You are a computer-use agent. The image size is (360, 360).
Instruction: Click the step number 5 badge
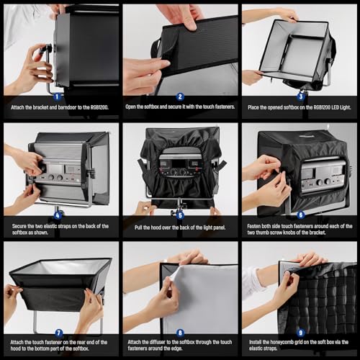click(x=179, y=215)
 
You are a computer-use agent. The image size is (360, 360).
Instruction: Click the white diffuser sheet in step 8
click(x=202, y=295)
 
